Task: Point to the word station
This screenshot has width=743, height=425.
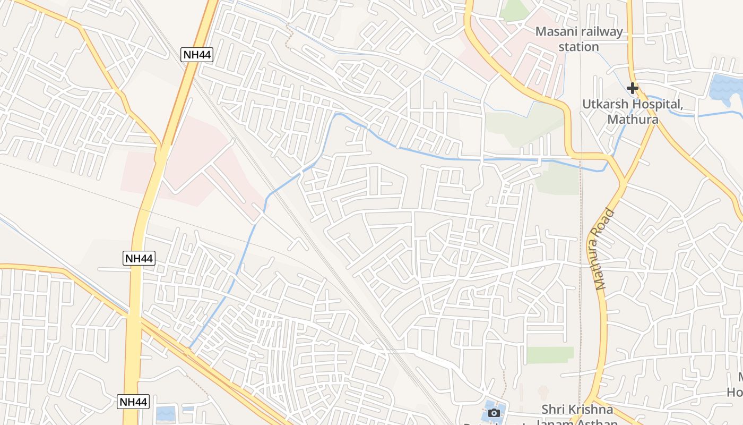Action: (578, 47)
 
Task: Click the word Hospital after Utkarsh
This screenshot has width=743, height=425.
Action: (656, 104)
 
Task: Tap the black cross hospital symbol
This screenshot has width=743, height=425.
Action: (632, 88)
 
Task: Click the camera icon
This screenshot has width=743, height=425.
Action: (494, 413)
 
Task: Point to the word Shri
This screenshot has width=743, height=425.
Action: (553, 410)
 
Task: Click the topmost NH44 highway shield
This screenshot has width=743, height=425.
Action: (197, 54)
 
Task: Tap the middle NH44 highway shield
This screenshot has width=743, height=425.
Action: (139, 259)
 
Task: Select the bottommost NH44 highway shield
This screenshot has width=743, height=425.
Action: (133, 402)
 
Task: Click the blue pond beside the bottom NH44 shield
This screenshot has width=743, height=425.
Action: (166, 413)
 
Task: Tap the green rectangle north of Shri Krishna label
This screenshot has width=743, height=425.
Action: (550, 355)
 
